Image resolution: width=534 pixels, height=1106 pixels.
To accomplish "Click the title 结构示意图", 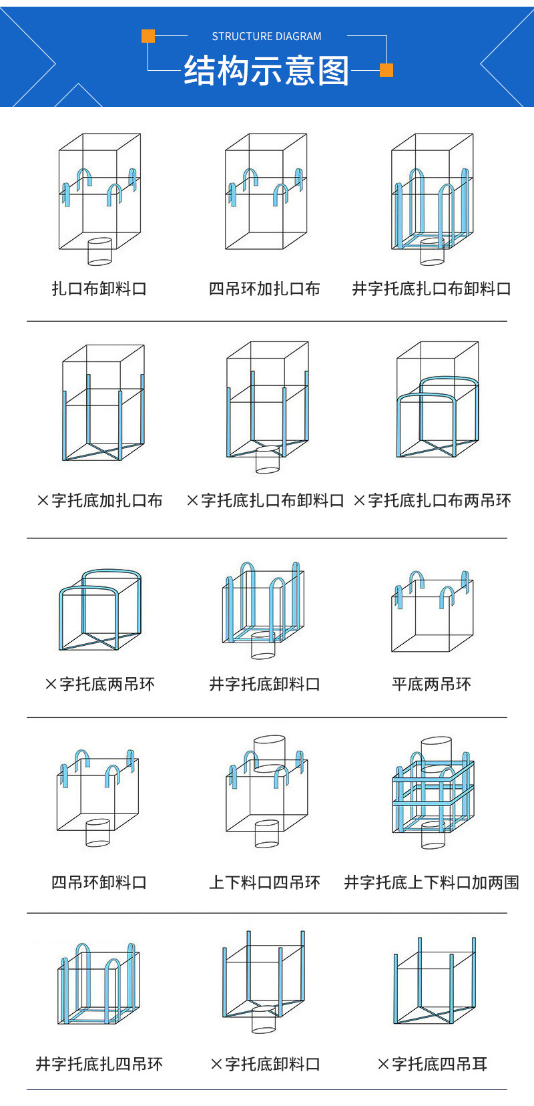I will pyautogui.click(x=266, y=71).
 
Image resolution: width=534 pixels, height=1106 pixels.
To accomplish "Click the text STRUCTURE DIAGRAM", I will pyautogui.click(x=266, y=36).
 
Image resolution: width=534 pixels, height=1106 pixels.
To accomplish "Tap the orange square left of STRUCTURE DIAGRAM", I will pyautogui.click(x=148, y=36).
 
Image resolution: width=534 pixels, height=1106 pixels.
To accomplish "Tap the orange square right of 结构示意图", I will pyautogui.click(x=386, y=70).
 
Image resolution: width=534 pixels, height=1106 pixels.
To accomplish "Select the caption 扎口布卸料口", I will pyautogui.click(x=99, y=289).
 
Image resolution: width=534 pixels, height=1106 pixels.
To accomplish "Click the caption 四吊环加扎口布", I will pyautogui.click(x=264, y=289).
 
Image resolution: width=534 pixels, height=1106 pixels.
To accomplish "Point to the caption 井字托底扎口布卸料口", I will pyautogui.click(x=431, y=289).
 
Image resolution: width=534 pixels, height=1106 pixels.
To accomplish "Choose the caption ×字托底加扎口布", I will pyautogui.click(x=99, y=500).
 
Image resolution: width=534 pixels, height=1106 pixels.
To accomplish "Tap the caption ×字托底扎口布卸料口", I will pyautogui.click(x=265, y=500).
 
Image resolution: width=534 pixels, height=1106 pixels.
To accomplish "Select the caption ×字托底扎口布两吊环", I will pyautogui.click(x=432, y=500).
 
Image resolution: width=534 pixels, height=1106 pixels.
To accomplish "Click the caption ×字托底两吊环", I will pyautogui.click(x=99, y=684).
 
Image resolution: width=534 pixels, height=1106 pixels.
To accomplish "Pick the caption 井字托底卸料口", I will pyautogui.click(x=264, y=684).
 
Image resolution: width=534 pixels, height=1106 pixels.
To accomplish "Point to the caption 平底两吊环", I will pyautogui.click(x=431, y=684).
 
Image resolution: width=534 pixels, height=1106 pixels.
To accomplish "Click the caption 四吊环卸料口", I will pyautogui.click(x=99, y=882).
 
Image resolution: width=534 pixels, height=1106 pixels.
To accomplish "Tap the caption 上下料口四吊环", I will pyautogui.click(x=264, y=882).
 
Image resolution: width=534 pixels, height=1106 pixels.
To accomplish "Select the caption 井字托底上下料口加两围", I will pyautogui.click(x=431, y=882).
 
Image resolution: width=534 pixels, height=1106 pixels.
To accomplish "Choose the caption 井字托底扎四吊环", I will pyautogui.click(x=99, y=1064).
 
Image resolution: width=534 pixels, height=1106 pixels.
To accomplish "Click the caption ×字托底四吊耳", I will pyautogui.click(x=432, y=1064).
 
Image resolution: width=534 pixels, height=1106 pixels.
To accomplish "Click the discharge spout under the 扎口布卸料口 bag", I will pyautogui.click(x=100, y=251).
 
